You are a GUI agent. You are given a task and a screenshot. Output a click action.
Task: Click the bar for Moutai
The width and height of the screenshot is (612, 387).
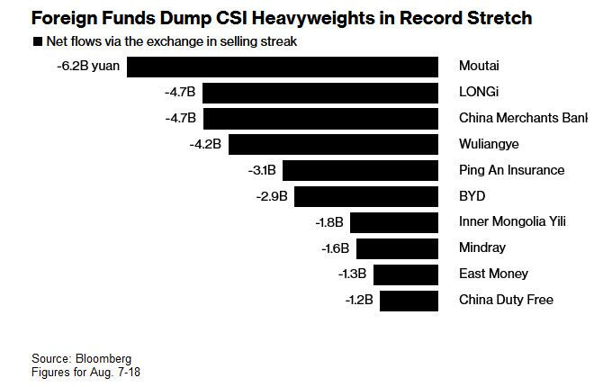282,67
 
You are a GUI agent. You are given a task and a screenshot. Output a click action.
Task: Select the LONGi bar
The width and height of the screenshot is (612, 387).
320,93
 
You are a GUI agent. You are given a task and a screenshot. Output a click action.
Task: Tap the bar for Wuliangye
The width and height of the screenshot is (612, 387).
332,144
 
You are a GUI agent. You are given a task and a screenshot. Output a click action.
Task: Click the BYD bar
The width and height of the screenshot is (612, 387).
365,196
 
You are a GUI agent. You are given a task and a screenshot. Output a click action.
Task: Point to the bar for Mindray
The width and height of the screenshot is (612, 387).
396,248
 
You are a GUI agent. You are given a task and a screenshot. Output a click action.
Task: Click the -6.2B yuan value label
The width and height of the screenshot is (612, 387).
88,67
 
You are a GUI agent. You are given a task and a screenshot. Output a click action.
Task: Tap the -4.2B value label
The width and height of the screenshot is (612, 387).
204,144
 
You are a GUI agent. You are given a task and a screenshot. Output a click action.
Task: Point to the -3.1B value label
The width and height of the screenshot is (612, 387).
263,170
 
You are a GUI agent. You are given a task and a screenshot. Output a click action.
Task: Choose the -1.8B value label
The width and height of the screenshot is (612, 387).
330,222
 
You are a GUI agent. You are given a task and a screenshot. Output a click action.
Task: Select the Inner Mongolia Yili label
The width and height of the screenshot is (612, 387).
512,222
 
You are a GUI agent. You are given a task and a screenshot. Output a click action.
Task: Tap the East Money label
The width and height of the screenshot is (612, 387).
493,274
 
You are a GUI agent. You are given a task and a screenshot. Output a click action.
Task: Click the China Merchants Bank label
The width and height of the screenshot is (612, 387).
523,118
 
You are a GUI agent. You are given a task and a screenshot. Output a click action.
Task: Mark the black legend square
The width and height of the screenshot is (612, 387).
37,41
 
